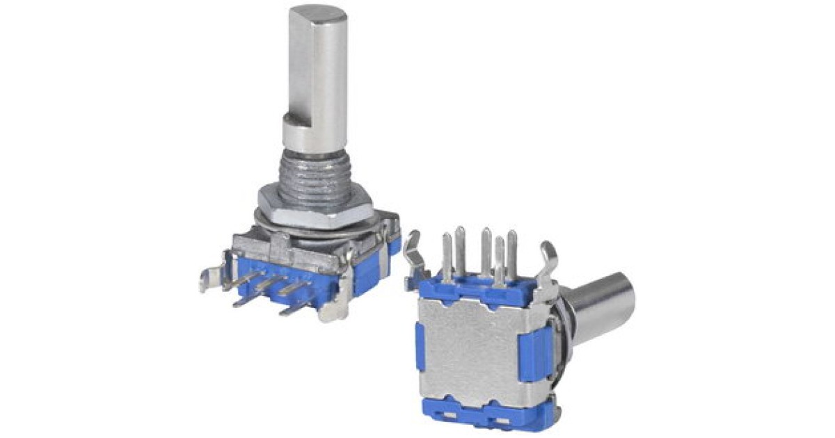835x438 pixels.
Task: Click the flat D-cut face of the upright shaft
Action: pos(299,70)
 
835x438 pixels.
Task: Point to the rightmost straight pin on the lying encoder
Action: pos(512,254)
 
